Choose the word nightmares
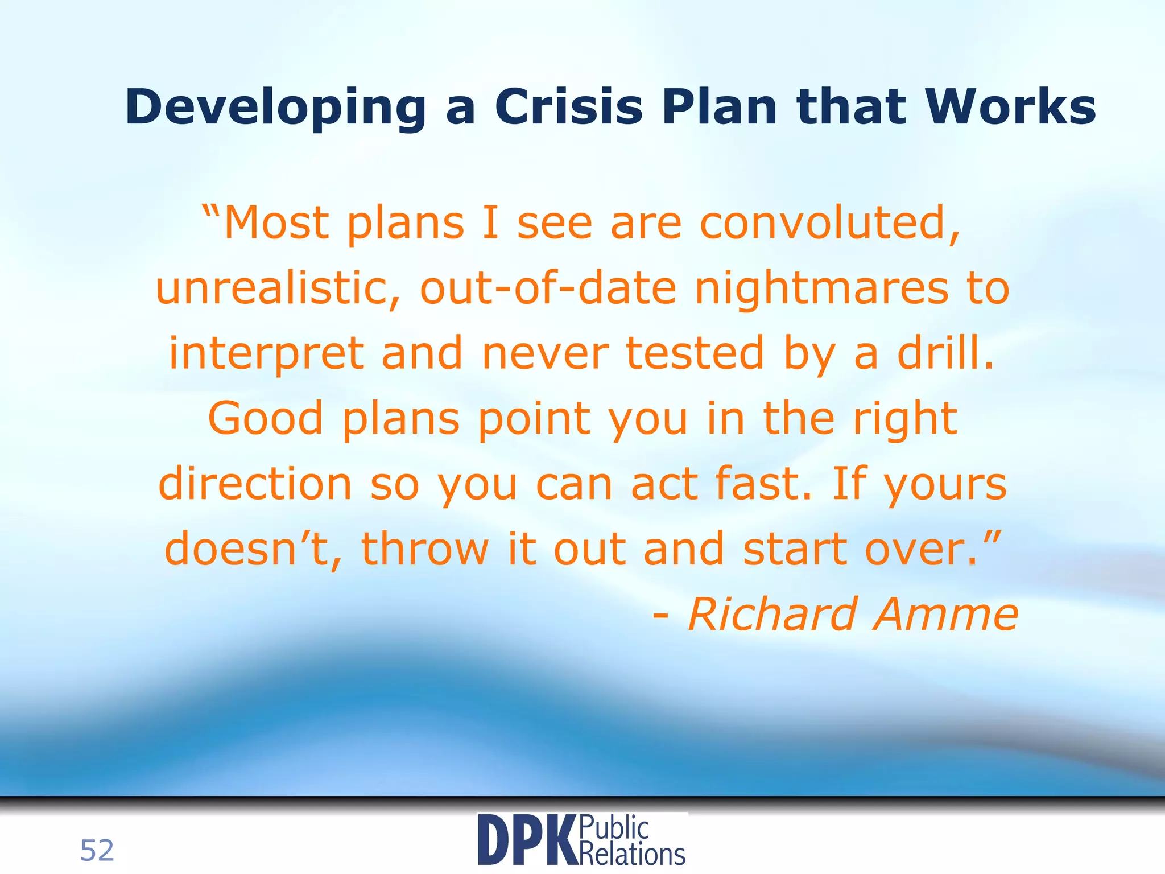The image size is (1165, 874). (x=821, y=288)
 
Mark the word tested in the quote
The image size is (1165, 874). (x=695, y=353)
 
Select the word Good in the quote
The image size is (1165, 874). (x=266, y=418)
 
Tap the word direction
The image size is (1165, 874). (x=255, y=484)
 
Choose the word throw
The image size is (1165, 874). (x=425, y=549)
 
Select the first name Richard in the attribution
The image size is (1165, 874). (x=772, y=615)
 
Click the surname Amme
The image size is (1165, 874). (x=945, y=615)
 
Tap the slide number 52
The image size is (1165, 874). (x=97, y=851)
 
